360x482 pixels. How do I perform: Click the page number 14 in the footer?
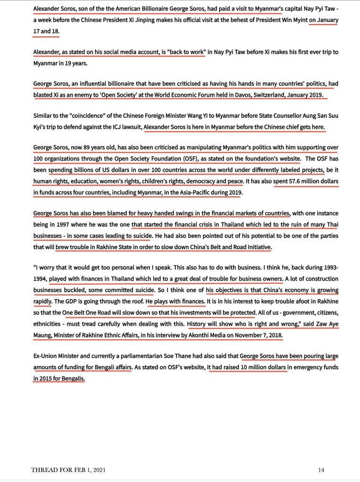coord(321,470)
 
